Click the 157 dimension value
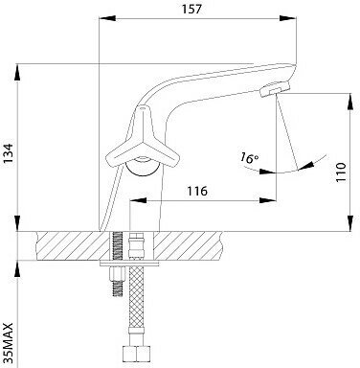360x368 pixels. (191, 9)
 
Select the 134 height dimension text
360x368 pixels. (9, 153)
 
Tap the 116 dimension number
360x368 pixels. (197, 191)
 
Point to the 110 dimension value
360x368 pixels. (341, 172)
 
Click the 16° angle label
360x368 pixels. (249, 157)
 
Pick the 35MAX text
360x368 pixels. (9, 343)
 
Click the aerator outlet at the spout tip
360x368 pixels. (275, 88)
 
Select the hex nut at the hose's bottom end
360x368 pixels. (136, 354)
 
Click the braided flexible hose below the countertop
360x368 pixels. (136, 305)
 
